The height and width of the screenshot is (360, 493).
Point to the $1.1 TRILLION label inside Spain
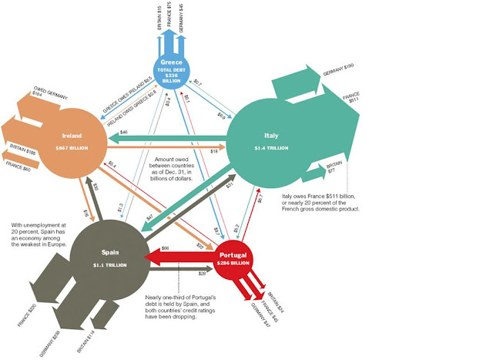(109, 264)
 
